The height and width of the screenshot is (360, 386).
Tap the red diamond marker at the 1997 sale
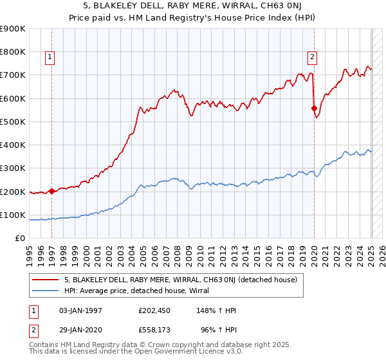pos(51,191)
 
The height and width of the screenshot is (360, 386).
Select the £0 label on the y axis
pos(19,239)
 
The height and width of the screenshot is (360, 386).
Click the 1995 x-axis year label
pos(30,254)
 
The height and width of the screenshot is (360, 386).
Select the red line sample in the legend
pos(45,280)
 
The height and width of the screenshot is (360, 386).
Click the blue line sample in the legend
pos(45,291)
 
